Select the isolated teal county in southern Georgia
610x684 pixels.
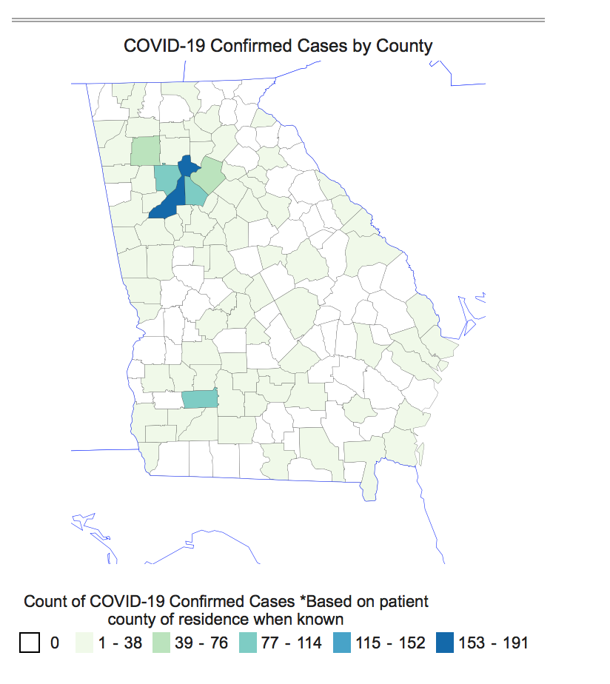click(200, 399)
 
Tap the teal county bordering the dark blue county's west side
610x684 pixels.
click(166, 178)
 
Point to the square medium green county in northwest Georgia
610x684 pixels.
click(145, 150)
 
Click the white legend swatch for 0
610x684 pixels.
click(30, 642)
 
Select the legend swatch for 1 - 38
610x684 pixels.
click(87, 642)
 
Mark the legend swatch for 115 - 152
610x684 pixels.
click(341, 642)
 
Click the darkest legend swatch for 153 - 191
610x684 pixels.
click(444, 642)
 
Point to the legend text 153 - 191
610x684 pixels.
click(494, 643)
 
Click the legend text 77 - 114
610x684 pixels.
click(292, 643)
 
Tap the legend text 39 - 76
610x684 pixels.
click(202, 643)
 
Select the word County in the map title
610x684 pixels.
click(404, 46)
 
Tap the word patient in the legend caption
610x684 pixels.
click(402, 600)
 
